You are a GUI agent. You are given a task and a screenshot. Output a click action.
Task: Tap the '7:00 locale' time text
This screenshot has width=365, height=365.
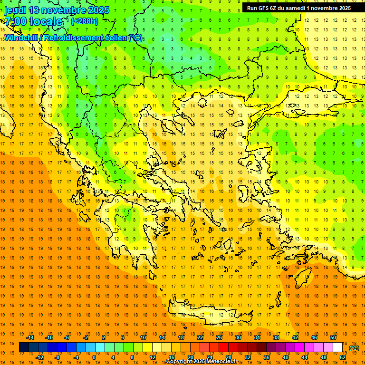pos(33,21)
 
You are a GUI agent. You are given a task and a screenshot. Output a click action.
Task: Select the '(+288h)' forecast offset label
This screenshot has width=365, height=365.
pos(85,21)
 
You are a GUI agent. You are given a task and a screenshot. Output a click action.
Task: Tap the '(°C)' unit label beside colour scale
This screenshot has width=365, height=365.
pos(354,348)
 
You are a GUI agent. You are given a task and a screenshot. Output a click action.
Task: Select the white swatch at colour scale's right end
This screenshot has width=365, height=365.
pos(337,347)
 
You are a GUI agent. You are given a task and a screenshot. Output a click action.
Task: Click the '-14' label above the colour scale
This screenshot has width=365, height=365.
pos(31,337)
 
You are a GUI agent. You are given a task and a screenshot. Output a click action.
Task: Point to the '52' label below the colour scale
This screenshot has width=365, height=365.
pos(343,357)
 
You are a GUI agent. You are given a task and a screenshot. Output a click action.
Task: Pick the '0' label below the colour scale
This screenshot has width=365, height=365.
pos(94,357)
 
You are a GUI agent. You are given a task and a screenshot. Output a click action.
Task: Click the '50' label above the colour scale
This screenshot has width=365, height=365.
pos(333,337)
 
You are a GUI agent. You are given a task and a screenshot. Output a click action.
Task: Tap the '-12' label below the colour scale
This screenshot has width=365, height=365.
pos(39,357)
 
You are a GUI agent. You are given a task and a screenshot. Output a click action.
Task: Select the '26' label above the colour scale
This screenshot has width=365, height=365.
pos(219,337)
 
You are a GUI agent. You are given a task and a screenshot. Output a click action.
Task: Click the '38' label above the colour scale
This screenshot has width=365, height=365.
pos(276,337)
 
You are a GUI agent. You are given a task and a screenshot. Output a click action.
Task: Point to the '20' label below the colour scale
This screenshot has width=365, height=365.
pos(190,357)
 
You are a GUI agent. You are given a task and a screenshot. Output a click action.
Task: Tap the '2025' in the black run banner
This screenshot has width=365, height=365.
pos(341,8)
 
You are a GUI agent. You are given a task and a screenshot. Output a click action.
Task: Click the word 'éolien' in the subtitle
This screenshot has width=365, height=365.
pos(115,38)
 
